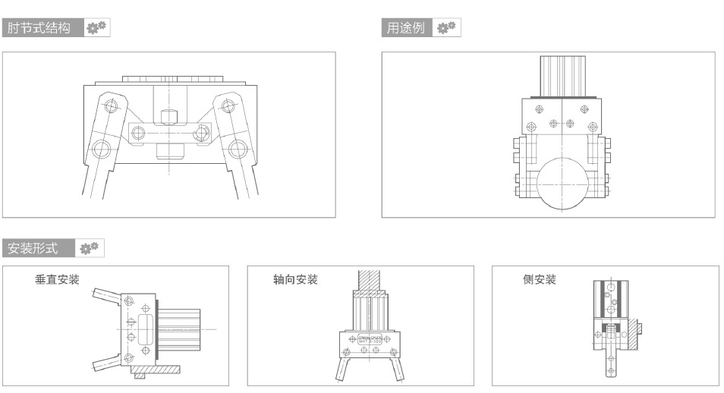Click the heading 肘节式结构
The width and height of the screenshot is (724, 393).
coord(39,29)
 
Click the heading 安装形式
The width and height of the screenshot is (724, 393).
coord(36,248)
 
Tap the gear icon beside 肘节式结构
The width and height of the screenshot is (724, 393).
coord(96,29)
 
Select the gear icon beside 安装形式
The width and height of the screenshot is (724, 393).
coord(90,248)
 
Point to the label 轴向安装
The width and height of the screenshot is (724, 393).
coord(295,280)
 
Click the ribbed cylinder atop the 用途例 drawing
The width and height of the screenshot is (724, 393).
coord(564,74)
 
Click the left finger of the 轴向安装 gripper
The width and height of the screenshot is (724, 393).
coord(343,370)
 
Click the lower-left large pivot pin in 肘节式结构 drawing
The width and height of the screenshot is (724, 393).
coord(100,147)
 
